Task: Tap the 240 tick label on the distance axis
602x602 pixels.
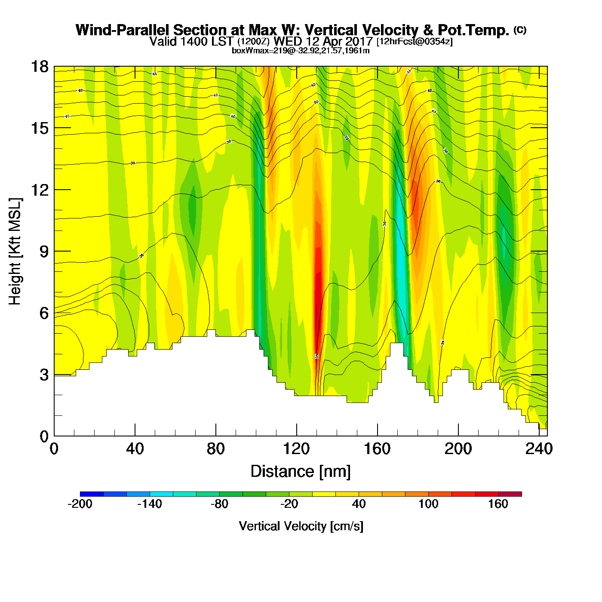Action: point(539,449)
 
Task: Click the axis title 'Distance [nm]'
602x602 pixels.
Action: point(301,471)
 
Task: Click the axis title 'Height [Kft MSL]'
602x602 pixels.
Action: point(15,252)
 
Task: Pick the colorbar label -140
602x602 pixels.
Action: point(150,504)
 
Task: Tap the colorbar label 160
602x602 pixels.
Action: point(498,504)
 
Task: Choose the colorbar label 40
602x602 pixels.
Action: point(359,504)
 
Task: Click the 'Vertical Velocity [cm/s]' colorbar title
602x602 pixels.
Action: point(301,526)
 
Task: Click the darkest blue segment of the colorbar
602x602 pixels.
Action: point(92,494)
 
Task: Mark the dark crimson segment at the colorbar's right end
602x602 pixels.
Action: point(510,494)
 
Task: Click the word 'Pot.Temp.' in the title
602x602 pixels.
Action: point(473,31)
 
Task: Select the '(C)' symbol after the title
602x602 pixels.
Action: point(520,30)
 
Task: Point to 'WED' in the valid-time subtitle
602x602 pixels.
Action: point(288,42)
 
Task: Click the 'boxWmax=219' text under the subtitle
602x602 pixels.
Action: point(253,51)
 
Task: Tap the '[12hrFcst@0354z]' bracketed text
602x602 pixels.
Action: point(415,42)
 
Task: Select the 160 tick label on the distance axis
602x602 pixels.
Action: point(377,449)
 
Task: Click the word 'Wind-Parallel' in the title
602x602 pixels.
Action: point(123,31)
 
